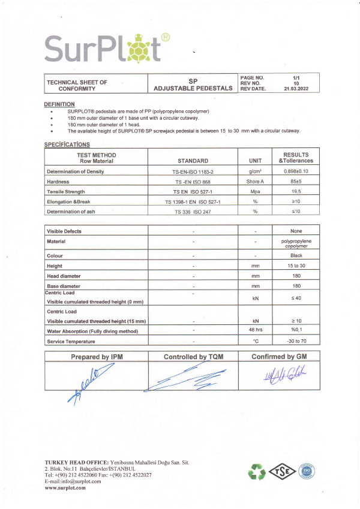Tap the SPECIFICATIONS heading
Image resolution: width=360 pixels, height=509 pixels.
[x=67, y=144]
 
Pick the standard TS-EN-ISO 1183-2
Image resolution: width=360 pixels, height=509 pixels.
[x=193, y=172]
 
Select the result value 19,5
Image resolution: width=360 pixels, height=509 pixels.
[x=295, y=191]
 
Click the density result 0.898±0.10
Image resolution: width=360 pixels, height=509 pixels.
[x=295, y=172]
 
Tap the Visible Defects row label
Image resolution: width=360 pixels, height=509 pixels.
[x=64, y=231]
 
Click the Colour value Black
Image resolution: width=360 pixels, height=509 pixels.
[x=295, y=255]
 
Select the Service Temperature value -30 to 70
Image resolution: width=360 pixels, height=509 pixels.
[x=295, y=342]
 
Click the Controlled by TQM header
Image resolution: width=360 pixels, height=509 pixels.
[x=193, y=357]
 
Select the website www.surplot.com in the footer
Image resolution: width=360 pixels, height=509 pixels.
[x=65, y=487]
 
